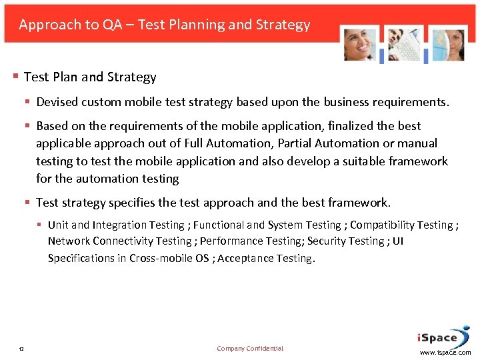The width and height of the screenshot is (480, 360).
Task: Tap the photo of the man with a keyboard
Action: tap(404, 45)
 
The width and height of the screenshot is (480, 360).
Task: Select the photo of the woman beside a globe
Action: tap(446, 45)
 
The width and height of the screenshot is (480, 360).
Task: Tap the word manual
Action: tap(417, 143)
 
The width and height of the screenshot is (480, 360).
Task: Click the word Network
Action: tap(69, 241)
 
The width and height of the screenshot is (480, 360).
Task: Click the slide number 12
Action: tap(22, 349)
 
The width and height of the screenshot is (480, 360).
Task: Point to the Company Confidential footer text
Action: tap(250, 348)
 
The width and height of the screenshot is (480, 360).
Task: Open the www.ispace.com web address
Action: tap(445, 352)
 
